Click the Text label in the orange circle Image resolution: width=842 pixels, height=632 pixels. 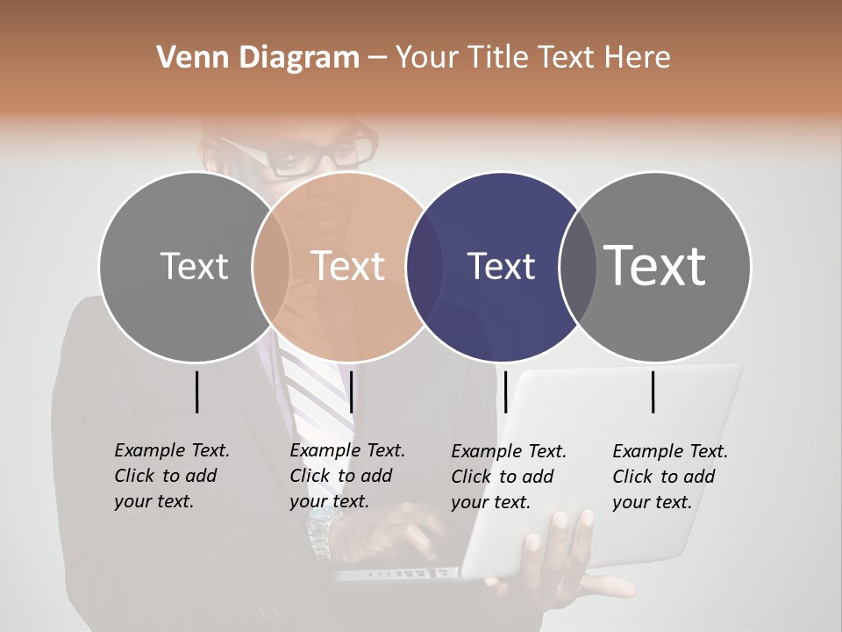pos(348,266)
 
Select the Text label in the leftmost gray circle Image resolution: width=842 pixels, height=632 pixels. pos(194,266)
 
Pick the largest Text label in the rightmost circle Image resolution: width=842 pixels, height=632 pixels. pos(655,265)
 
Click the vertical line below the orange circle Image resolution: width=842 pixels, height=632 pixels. pos(351,391)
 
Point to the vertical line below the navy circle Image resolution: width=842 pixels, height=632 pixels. pos(505,391)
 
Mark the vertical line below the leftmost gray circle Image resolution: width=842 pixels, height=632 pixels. pos(196,391)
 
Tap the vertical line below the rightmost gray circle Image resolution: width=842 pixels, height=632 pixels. pos(653,391)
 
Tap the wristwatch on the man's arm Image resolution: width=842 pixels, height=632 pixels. pos(321,530)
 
